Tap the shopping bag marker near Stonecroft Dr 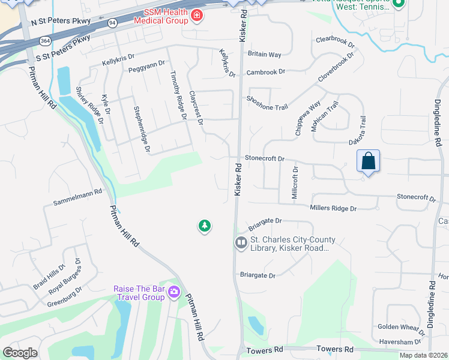point(369,161)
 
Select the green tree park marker point(205,226)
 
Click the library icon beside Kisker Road point(241,243)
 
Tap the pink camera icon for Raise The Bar point(174,292)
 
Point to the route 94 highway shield point(112,23)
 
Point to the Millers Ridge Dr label point(333,208)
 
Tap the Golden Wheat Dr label point(401,327)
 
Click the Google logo point(20,353)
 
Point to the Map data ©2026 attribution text point(424,355)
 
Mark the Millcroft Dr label point(295,179)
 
